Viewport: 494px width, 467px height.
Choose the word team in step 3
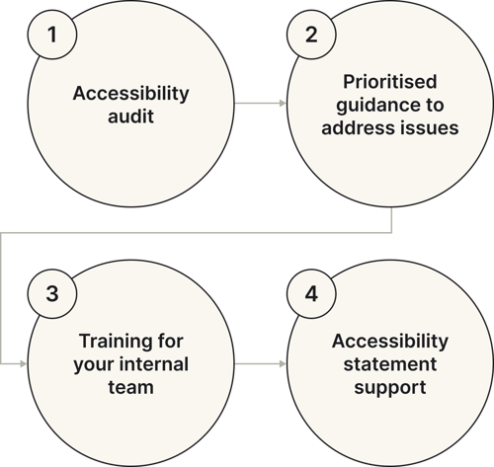(x=130, y=387)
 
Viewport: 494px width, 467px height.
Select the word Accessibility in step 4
(x=390, y=342)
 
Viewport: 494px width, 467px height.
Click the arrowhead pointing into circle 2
(x=282, y=103)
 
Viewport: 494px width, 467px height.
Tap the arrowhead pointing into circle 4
(x=282, y=363)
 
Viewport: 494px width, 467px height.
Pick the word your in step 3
(x=98, y=364)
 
